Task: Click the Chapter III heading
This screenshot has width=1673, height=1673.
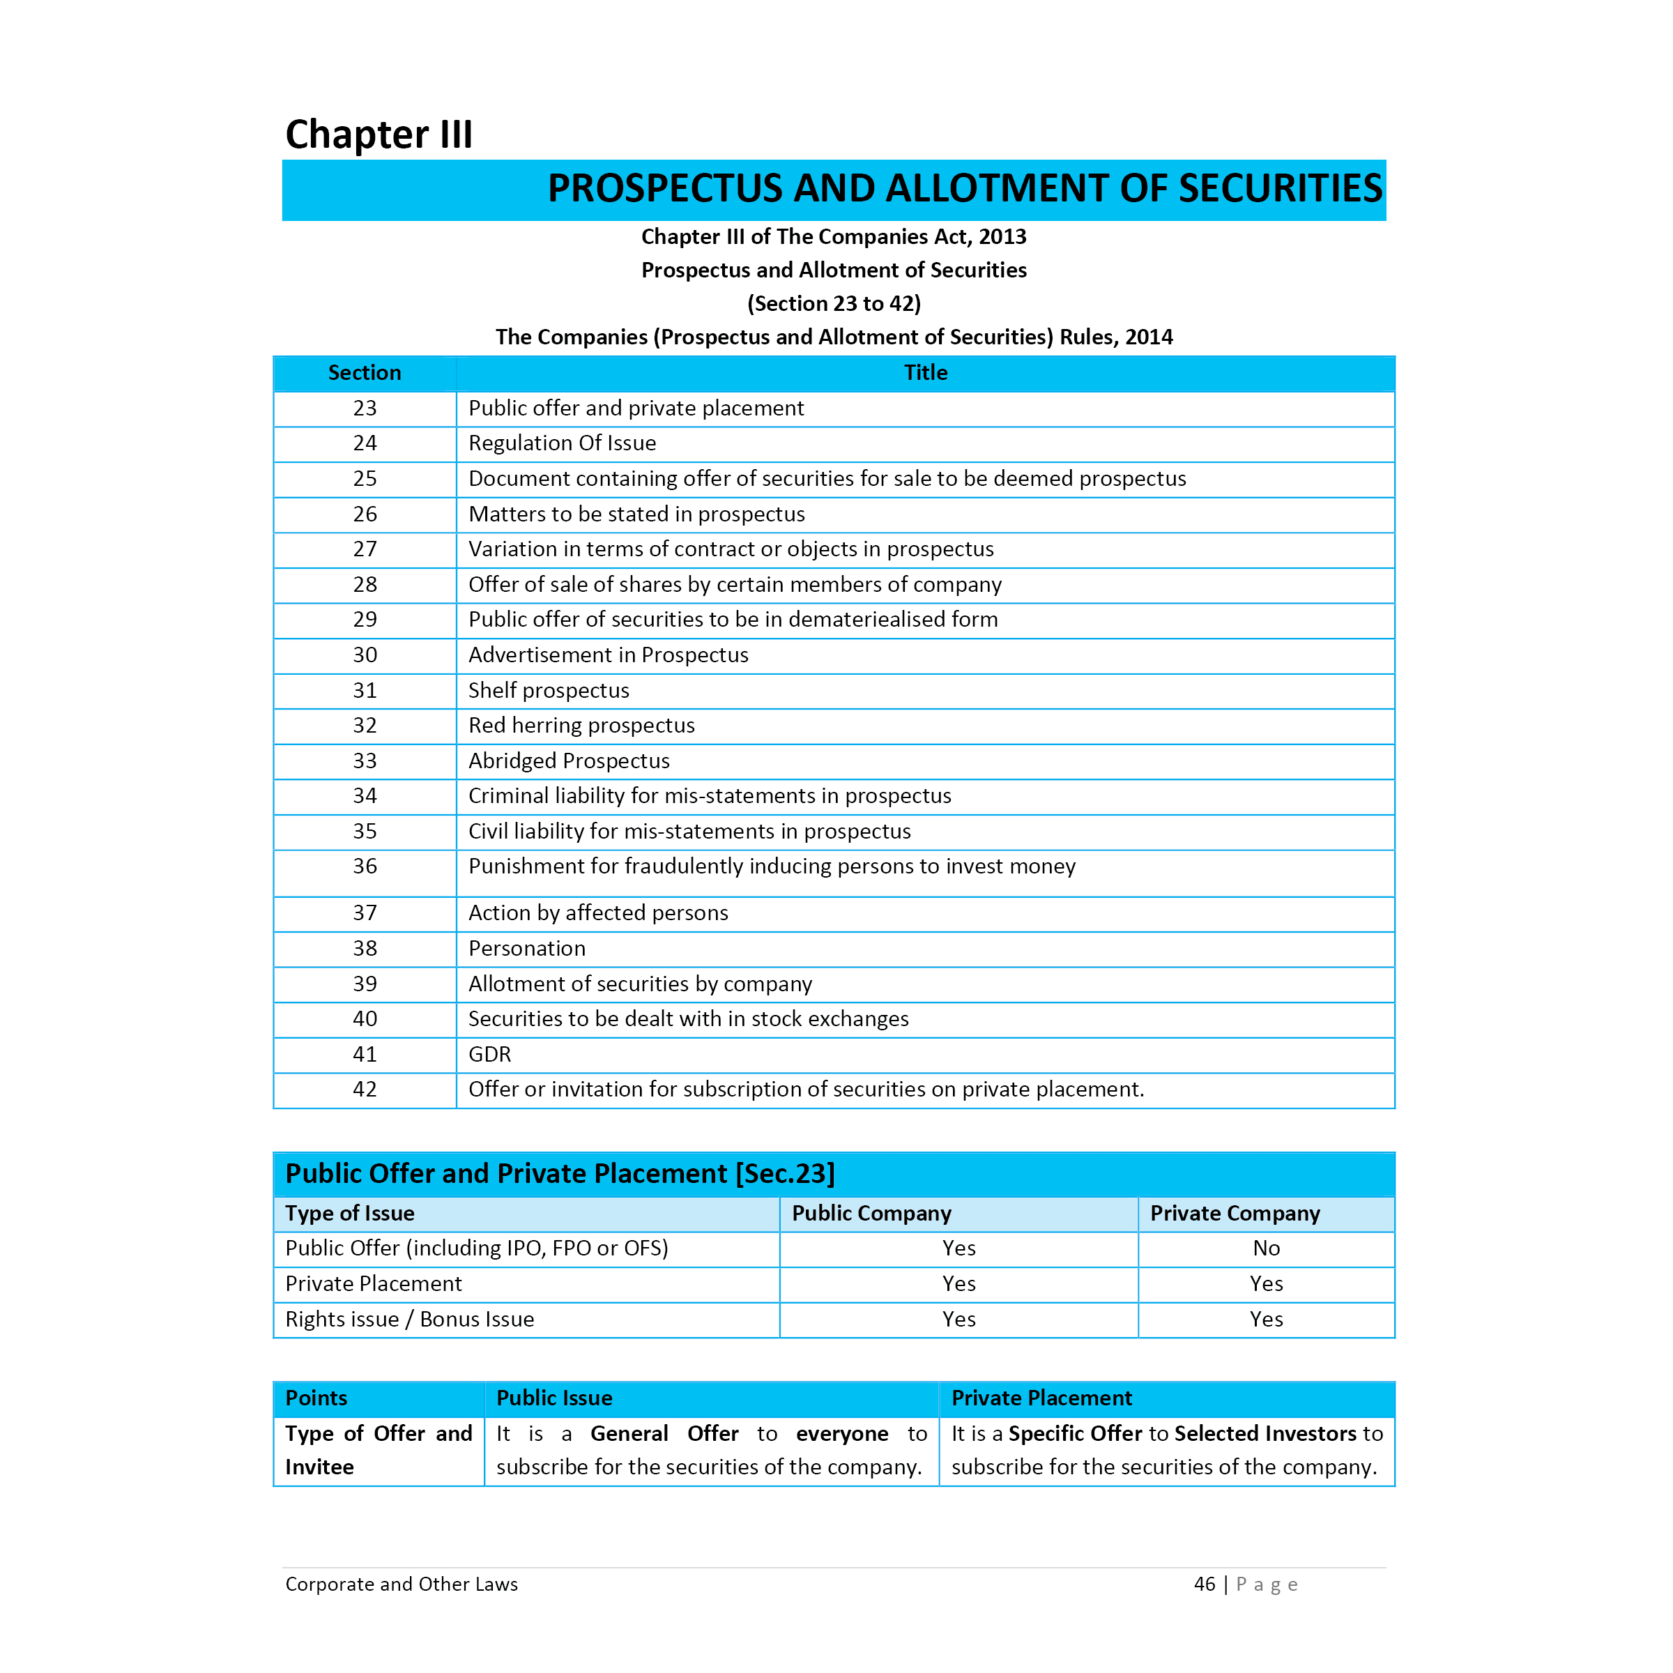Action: pyautogui.click(x=379, y=135)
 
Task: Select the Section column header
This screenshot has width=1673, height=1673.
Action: pyautogui.click(x=365, y=372)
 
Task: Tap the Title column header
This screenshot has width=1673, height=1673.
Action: pyautogui.click(x=925, y=372)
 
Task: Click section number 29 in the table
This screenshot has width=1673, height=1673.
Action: pyautogui.click(x=365, y=619)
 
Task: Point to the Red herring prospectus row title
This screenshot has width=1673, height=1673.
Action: pyautogui.click(x=581, y=725)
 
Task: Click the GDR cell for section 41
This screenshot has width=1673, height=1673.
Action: pyautogui.click(x=489, y=1054)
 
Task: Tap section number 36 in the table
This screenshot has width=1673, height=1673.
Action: pyautogui.click(x=365, y=866)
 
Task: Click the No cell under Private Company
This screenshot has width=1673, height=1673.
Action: pyautogui.click(x=1265, y=1248)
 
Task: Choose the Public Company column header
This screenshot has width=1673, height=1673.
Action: pyautogui.click(x=871, y=1213)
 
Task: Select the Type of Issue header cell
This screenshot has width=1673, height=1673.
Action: pyautogui.click(x=350, y=1213)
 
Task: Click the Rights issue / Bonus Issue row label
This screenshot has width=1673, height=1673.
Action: pyautogui.click(x=410, y=1319)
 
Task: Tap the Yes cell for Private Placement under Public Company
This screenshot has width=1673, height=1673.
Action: pyautogui.click(x=958, y=1283)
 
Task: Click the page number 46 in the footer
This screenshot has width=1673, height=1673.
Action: pyautogui.click(x=1204, y=1584)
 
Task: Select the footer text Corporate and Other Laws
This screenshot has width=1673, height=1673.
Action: pyautogui.click(x=401, y=1584)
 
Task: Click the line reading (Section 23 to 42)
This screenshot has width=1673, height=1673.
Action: pyautogui.click(x=834, y=303)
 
